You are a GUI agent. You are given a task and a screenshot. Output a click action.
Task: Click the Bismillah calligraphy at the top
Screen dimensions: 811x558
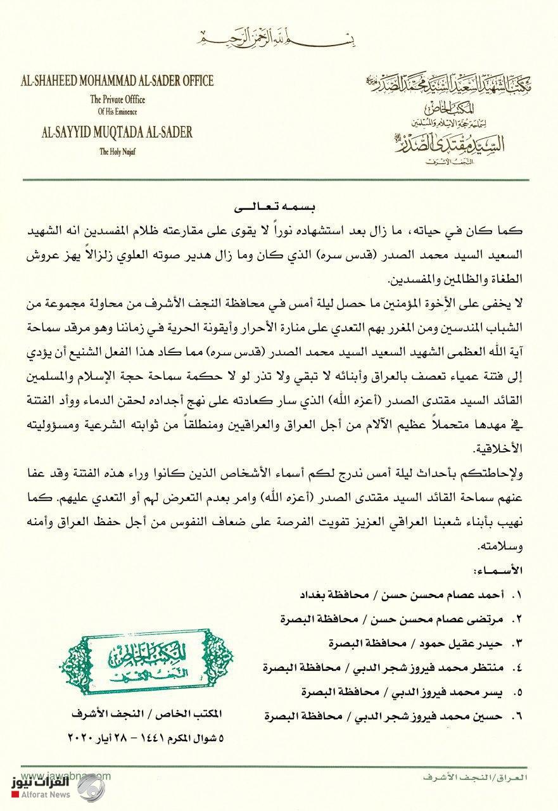click(278, 39)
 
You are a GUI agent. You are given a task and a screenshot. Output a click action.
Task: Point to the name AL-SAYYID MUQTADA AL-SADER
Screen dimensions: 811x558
click(108, 133)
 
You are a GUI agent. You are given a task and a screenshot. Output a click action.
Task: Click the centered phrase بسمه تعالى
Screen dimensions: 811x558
click(278, 207)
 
